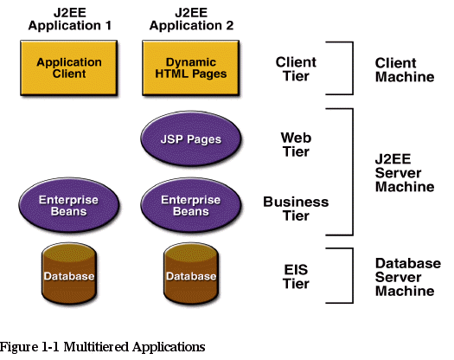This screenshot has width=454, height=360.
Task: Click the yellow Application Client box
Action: [69, 67]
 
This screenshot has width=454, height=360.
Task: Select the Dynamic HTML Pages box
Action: [191, 67]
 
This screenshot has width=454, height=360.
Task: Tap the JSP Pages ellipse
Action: [191, 138]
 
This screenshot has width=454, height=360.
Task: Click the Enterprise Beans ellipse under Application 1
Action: [69, 205]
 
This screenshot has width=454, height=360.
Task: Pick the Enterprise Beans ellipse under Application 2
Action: [191, 205]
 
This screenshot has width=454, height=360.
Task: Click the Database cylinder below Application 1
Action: [69, 273]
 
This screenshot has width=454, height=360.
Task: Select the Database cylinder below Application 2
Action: [191, 273]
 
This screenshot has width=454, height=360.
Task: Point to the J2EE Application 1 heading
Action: [70, 19]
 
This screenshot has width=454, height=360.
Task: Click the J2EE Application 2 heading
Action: [191, 19]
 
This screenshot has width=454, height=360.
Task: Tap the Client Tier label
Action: [296, 69]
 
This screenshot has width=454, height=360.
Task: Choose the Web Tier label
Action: [296, 145]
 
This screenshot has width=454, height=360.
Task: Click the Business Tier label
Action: [296, 209]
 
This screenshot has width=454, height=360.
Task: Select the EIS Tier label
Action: [296, 277]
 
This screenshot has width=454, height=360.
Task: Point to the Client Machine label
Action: [405, 70]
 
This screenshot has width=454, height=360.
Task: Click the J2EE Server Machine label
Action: [405, 173]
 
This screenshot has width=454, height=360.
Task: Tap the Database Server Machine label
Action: [408, 277]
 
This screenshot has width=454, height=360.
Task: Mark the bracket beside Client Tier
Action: [353, 68]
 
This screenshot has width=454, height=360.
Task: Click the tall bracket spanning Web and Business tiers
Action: [353, 172]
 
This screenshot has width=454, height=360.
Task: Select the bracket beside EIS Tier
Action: [353, 276]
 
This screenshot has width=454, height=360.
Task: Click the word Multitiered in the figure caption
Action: [96, 347]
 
